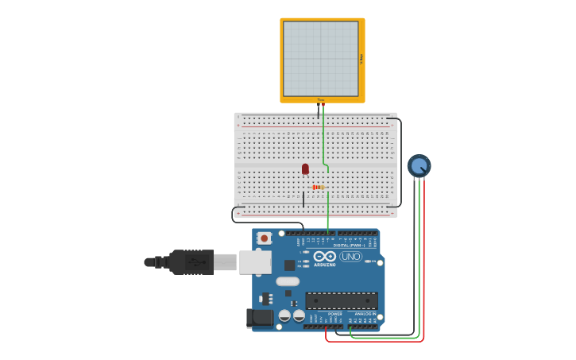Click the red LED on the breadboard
(x=305, y=168)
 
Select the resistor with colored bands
(x=317, y=188)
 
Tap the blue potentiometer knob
(x=419, y=165)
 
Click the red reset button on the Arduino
(x=265, y=238)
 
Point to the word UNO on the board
(x=351, y=256)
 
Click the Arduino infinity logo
(x=324, y=256)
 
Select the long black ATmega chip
(x=342, y=300)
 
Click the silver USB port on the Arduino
(x=255, y=261)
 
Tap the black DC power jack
(x=259, y=318)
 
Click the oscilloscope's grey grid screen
(x=321, y=59)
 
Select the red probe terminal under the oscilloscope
(x=323, y=105)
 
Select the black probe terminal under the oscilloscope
(x=318, y=105)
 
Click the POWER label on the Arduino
(x=334, y=314)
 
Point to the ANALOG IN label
(x=365, y=314)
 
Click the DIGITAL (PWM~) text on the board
(x=350, y=246)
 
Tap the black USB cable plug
(x=191, y=261)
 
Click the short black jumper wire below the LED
(x=303, y=199)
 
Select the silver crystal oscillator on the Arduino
(x=288, y=281)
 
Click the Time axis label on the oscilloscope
(x=321, y=100)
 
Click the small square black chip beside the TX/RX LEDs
(x=289, y=265)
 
